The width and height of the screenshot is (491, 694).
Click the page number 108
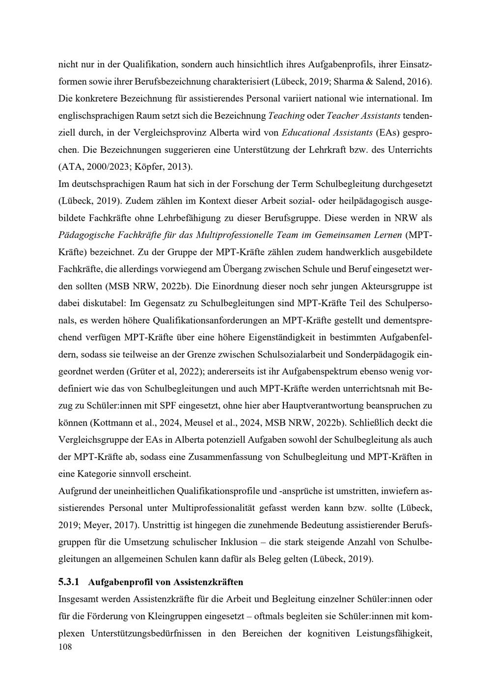(x=65, y=647)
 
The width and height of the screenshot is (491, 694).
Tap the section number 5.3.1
(x=68, y=582)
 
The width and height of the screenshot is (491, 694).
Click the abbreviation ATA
(x=70, y=166)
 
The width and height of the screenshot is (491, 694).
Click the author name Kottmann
(x=111, y=422)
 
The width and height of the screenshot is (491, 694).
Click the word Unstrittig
(x=162, y=525)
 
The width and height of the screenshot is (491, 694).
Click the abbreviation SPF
(x=168, y=405)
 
